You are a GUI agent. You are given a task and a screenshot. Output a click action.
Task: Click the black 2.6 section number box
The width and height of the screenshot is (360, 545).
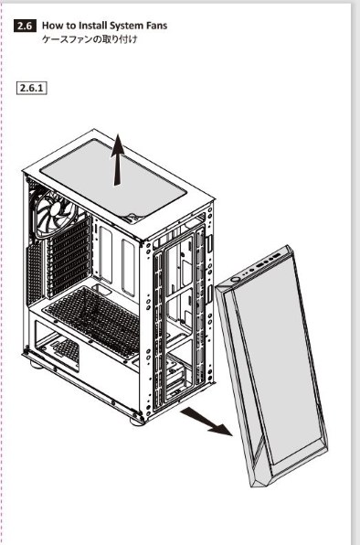(25, 27)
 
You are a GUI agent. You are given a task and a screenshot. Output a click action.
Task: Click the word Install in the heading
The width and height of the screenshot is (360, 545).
(93, 26)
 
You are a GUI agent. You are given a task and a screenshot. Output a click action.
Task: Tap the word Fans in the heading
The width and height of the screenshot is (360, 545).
(156, 26)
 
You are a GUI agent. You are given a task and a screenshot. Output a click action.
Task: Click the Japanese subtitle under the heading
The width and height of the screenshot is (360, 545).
(90, 39)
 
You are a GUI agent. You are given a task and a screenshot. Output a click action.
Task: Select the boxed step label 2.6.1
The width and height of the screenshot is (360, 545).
(32, 88)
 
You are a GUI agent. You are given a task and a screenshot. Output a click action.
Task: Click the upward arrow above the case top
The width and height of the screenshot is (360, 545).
(118, 159)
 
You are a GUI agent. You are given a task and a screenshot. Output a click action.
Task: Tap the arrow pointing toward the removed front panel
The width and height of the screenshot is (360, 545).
(206, 422)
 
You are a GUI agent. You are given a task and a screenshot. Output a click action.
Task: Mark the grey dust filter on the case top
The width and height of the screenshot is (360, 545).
(113, 178)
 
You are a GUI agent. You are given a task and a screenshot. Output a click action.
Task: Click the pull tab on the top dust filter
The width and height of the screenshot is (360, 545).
(134, 218)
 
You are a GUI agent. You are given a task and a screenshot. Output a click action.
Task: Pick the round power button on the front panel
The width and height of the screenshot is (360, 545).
(236, 279)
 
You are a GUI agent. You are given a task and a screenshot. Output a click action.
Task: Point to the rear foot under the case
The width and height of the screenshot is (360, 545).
(36, 365)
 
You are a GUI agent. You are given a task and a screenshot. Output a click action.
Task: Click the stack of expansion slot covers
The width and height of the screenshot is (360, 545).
(68, 257)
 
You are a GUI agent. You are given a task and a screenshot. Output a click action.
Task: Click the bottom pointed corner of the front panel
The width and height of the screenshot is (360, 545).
(251, 486)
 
